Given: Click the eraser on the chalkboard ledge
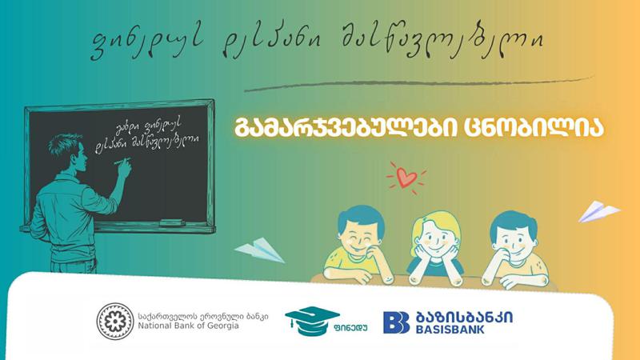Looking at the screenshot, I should point(170,221).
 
